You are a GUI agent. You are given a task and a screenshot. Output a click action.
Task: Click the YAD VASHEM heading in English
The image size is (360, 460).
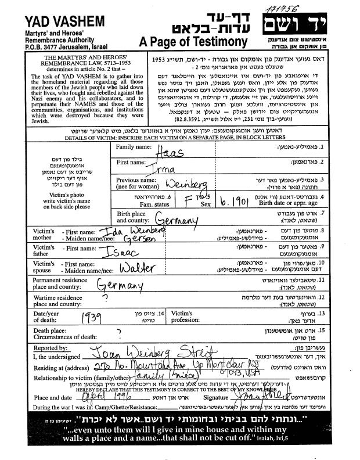pos(57,22)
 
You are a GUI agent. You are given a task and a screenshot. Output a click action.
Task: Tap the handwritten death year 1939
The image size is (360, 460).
pos(96,319)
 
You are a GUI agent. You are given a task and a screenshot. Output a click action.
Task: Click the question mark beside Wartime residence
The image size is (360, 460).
pos(105,297)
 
